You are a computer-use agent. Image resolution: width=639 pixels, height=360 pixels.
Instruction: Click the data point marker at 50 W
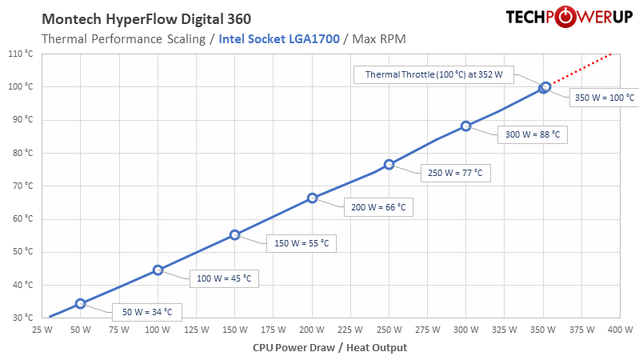80,303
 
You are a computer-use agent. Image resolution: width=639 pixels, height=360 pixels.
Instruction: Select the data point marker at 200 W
313,198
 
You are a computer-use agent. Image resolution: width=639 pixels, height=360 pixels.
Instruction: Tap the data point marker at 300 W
466,126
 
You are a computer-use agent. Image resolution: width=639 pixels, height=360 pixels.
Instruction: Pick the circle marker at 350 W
545,87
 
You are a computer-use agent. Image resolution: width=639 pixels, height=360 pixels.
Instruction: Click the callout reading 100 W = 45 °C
225,278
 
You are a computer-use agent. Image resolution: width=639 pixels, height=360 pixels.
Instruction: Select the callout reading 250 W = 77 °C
455,172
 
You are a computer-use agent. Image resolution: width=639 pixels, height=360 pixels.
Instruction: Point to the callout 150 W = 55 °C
301,242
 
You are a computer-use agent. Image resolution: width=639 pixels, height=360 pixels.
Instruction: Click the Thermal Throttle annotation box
435,74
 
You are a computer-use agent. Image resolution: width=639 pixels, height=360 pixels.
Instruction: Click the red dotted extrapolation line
580,70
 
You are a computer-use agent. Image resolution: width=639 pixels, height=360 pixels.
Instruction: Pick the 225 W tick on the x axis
349,329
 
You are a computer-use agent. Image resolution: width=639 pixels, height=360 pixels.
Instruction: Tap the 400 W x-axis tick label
619,329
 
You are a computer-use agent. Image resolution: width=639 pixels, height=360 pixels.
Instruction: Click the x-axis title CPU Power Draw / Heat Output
329,347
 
